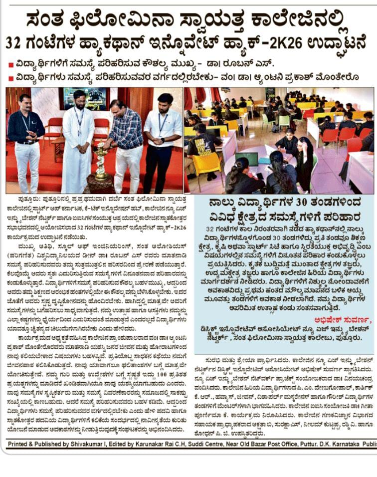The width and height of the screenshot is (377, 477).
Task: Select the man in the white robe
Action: (x=78, y=137)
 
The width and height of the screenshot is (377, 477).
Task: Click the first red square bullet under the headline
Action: (x=10, y=65)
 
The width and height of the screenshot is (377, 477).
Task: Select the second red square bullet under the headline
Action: (x=10, y=78)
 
